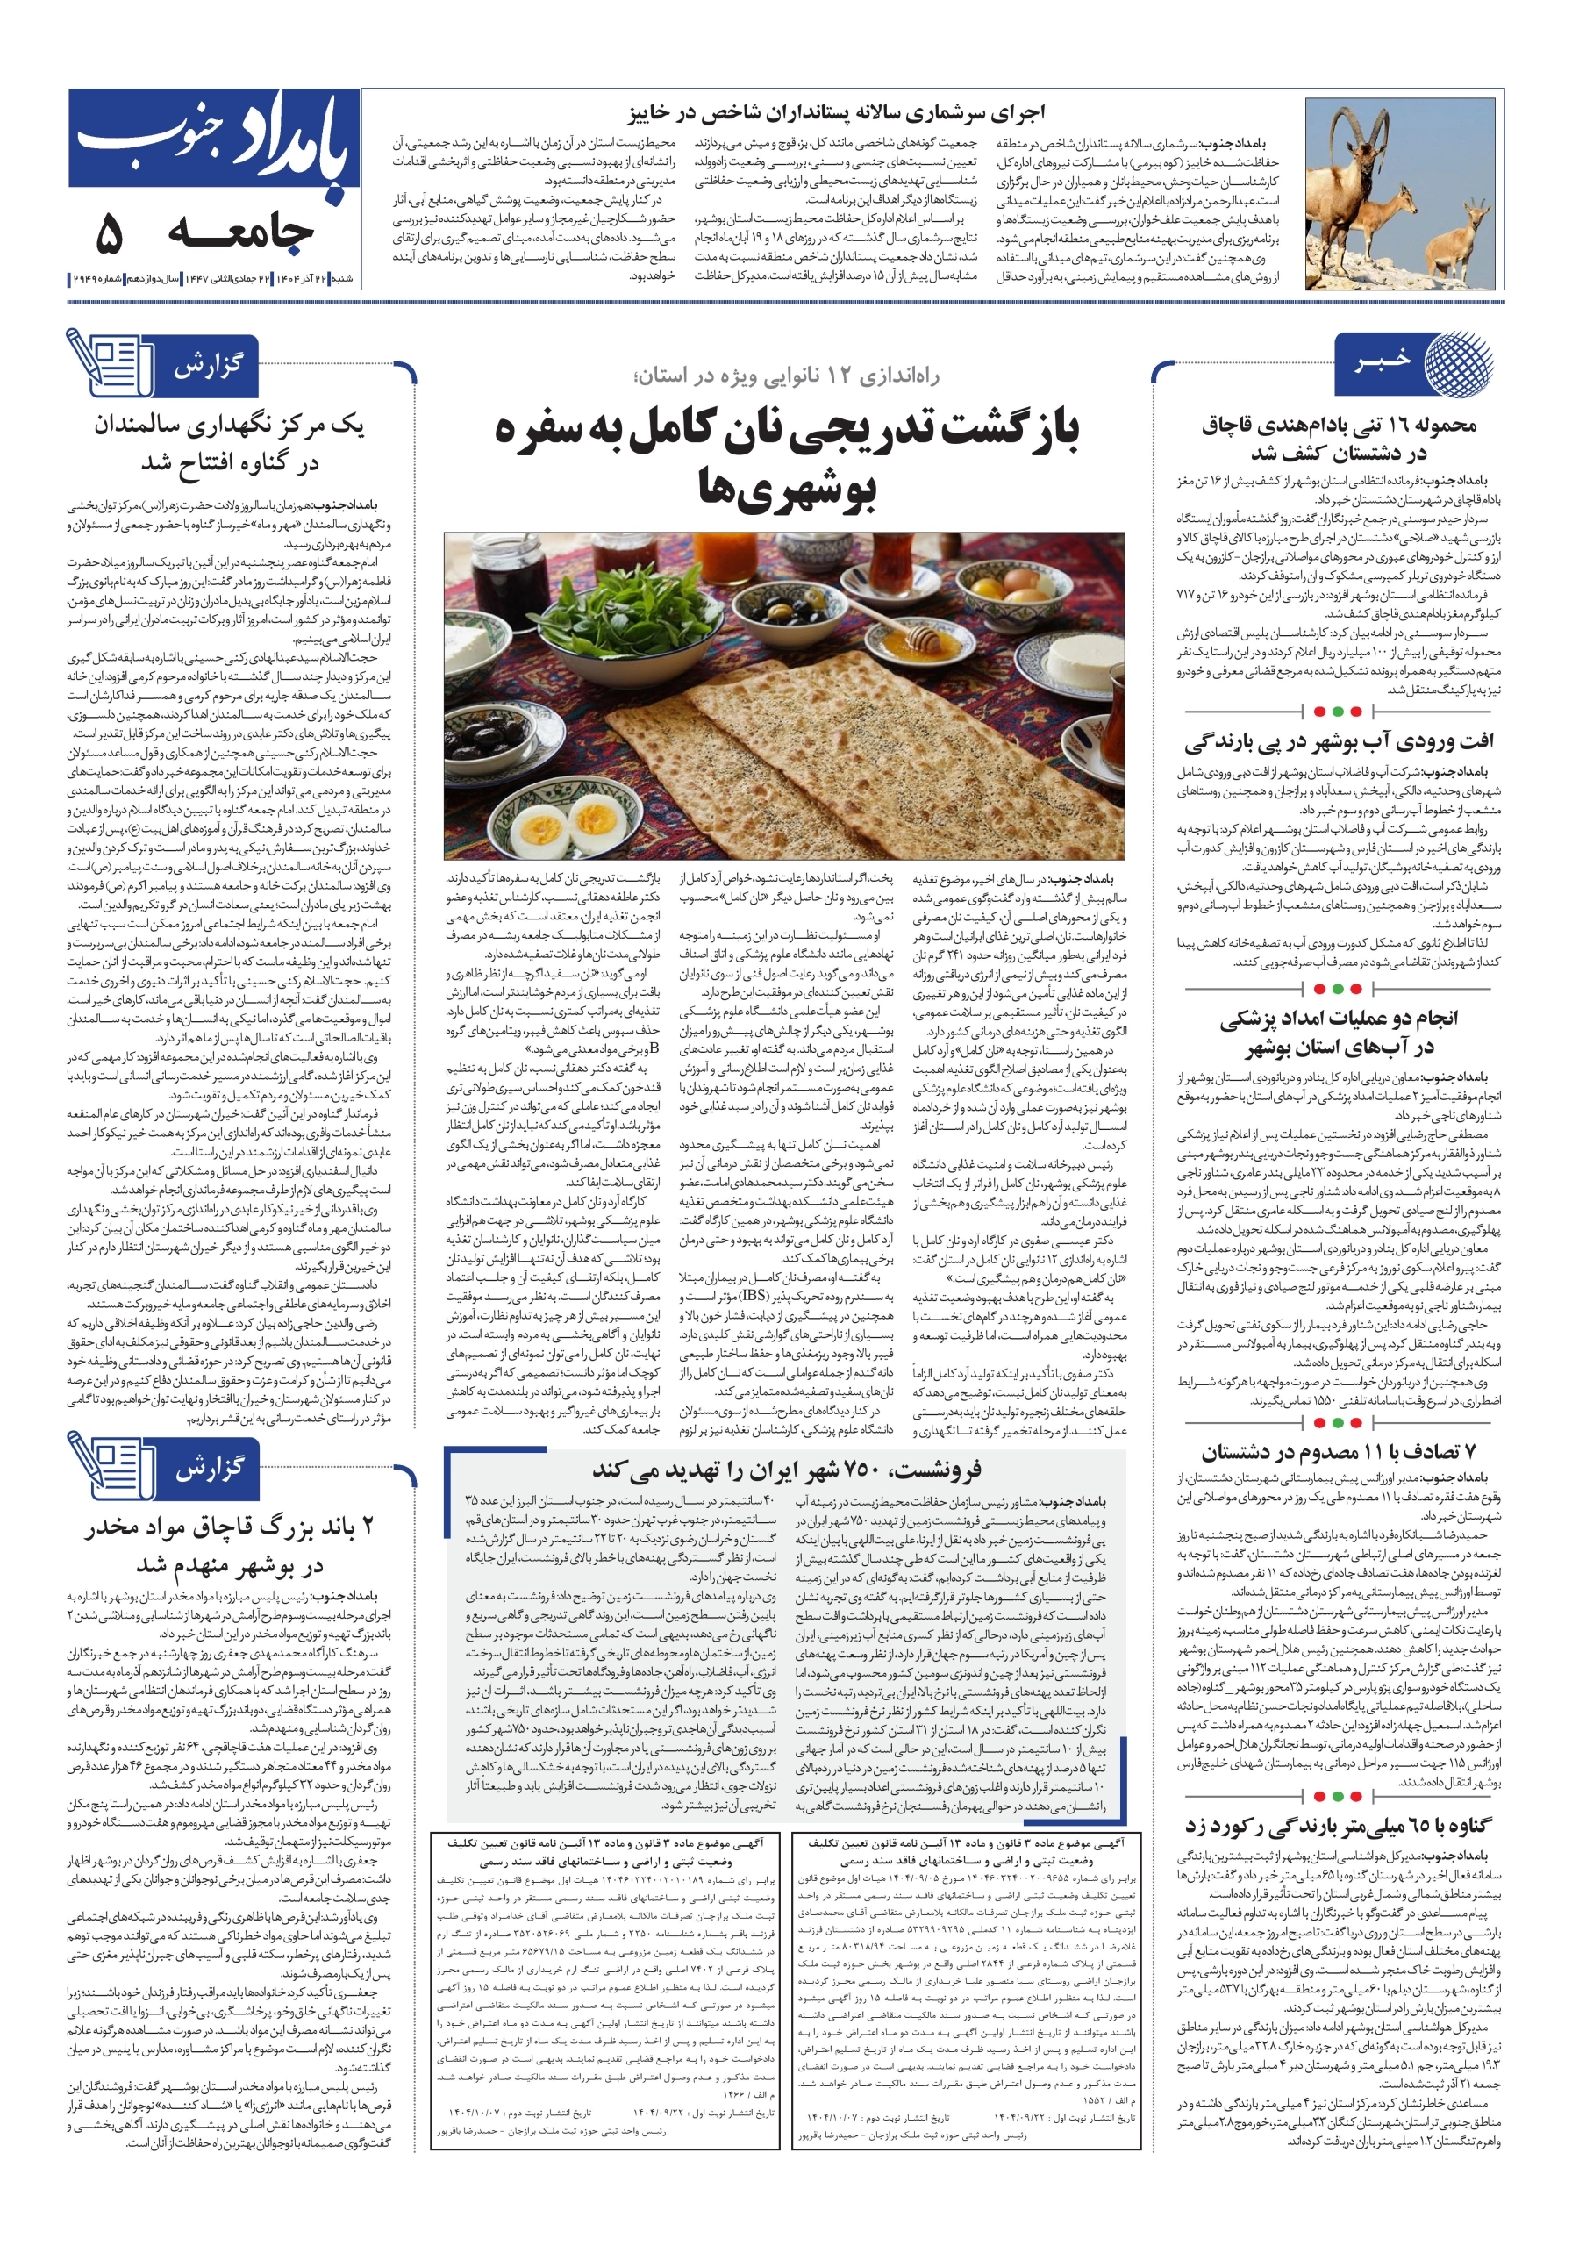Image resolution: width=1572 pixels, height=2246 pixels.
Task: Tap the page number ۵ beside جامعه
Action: pos(111,232)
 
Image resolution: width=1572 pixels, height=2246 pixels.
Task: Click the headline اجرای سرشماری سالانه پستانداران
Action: pos(836,112)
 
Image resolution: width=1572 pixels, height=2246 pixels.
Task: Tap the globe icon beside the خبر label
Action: pos(1458,364)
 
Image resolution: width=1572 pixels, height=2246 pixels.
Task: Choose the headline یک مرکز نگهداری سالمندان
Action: pos(230,443)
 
